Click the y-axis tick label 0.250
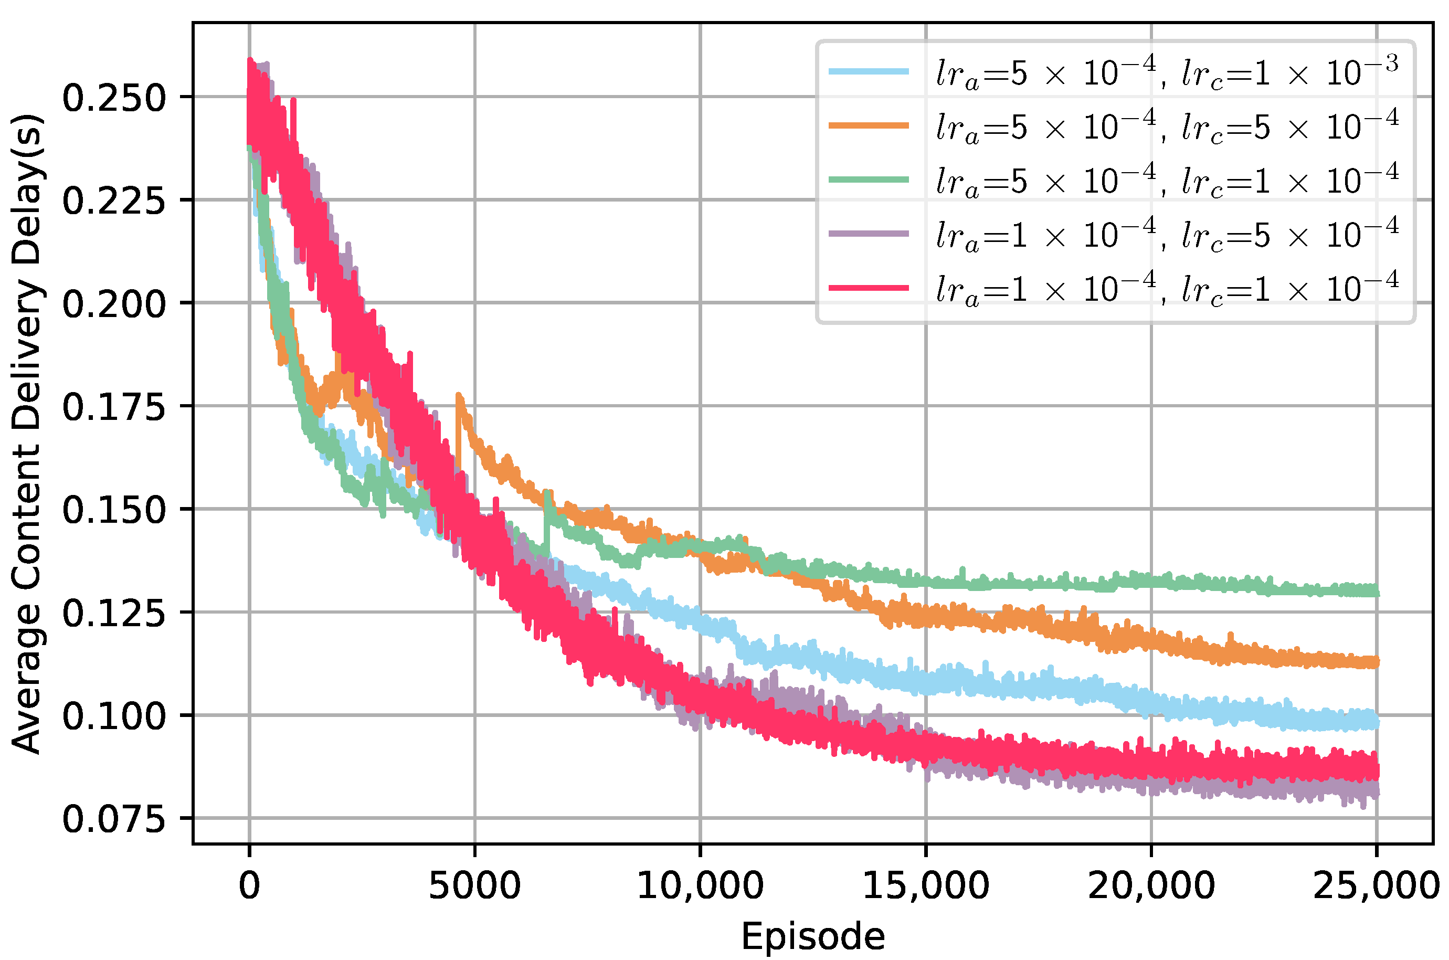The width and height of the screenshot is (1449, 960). tap(114, 98)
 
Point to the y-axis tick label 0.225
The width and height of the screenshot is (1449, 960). tap(114, 201)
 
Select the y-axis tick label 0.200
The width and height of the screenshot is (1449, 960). tap(114, 304)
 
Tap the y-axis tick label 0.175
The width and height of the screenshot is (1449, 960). tap(114, 407)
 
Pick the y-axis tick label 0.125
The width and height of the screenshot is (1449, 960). tap(114, 613)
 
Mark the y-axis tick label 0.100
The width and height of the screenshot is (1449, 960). tap(114, 716)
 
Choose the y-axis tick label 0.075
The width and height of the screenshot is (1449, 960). tap(114, 819)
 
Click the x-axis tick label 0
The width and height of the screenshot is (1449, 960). tap(249, 885)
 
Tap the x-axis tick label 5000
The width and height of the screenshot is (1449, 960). tap(474, 885)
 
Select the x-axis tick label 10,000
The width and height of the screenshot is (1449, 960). tap(700, 885)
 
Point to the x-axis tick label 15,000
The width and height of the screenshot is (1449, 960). tap(926, 885)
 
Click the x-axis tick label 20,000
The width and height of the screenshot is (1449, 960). tap(1151, 885)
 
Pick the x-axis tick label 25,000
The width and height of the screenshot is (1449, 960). tap(1376, 885)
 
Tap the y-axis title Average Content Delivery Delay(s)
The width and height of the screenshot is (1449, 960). tap(27, 434)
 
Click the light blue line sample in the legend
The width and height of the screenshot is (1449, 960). tap(869, 71)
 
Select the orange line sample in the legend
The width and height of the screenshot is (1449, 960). tap(869, 125)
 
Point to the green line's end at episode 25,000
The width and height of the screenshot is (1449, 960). tap(1377, 591)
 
